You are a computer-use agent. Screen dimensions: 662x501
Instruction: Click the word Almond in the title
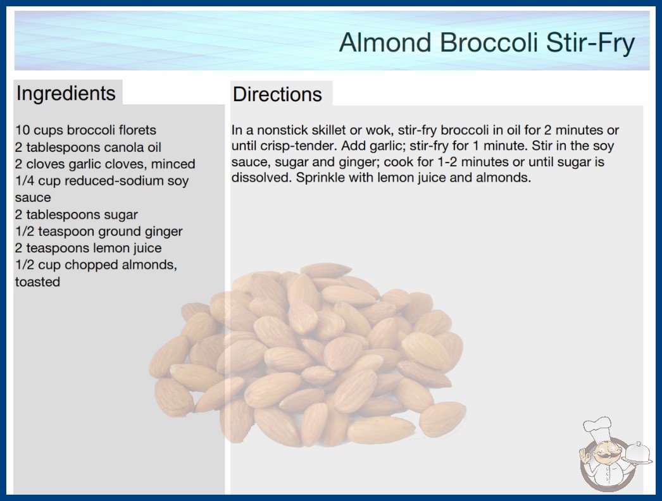click(385, 42)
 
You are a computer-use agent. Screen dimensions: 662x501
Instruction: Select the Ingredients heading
click(66, 94)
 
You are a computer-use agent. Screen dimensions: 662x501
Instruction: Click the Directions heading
click(277, 94)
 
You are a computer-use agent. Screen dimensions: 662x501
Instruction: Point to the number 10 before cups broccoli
click(22, 130)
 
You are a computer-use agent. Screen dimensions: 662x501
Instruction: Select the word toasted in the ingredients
click(37, 282)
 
